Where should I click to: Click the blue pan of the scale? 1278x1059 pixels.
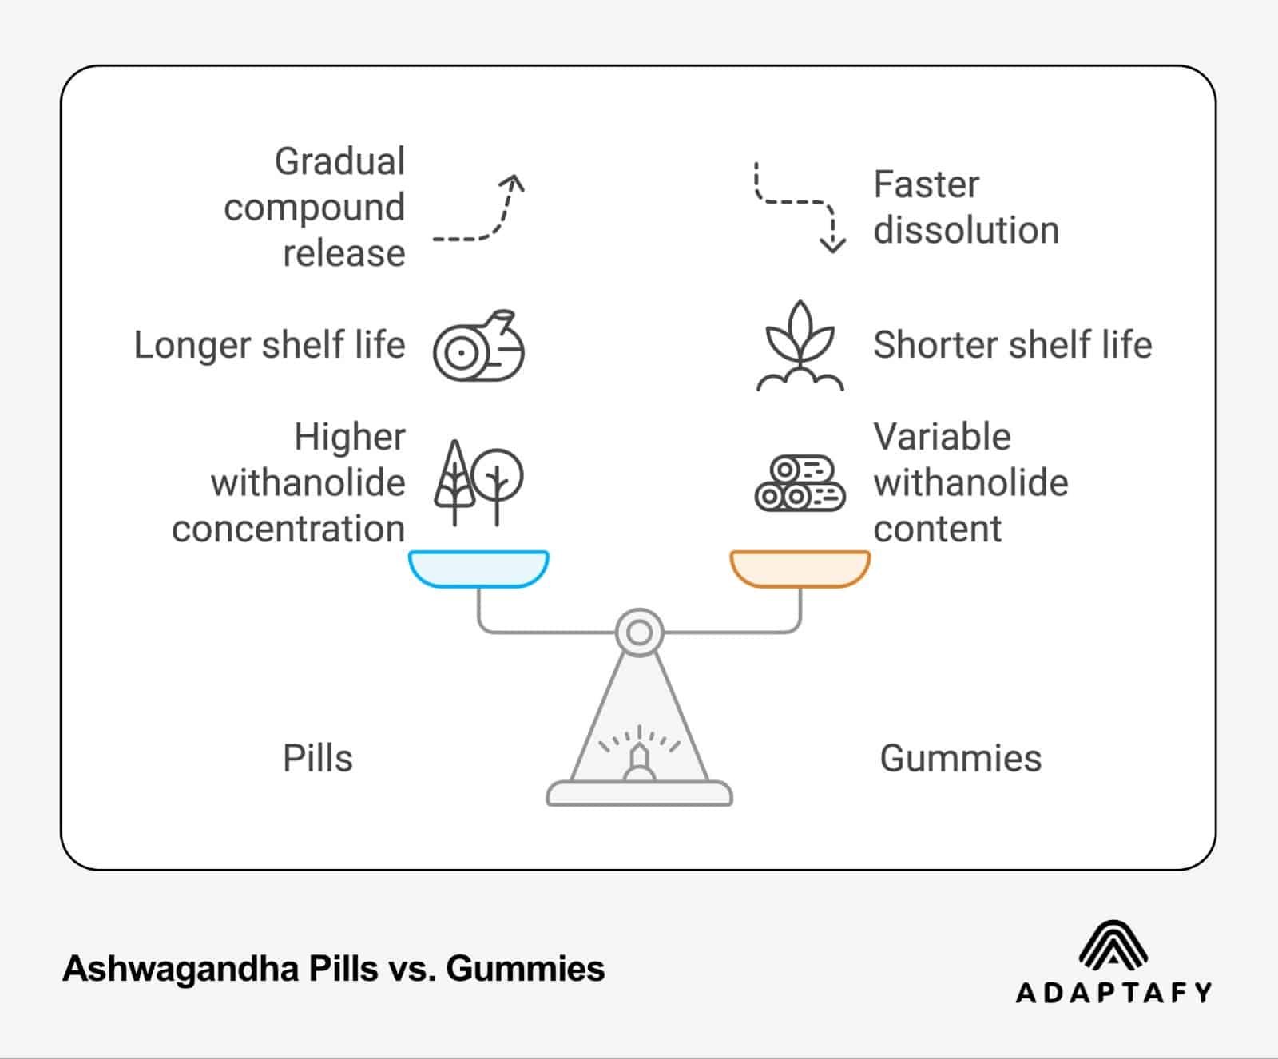pos(478,568)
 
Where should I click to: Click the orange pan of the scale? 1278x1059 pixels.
pos(800,568)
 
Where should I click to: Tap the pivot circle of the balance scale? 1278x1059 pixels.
pos(639,633)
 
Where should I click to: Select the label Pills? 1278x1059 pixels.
pos(317,758)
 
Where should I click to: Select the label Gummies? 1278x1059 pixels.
pos(960,758)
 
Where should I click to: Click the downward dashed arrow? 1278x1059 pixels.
pos(798,208)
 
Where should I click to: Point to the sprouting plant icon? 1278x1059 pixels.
pos(800,346)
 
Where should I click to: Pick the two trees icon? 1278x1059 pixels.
pos(478,482)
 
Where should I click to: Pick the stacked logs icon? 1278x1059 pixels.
pos(800,483)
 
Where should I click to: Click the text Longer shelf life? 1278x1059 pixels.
pos(269,345)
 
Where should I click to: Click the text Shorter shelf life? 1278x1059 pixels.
pos(1012,345)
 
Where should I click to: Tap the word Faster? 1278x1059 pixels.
pos(926,184)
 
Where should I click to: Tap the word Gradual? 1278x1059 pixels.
pos(339,161)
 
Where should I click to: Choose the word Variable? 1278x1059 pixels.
pos(942,437)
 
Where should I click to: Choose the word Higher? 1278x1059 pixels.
pos(349,437)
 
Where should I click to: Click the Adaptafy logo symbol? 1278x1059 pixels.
pos(1113,944)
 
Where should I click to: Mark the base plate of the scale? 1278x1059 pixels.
pos(639,793)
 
